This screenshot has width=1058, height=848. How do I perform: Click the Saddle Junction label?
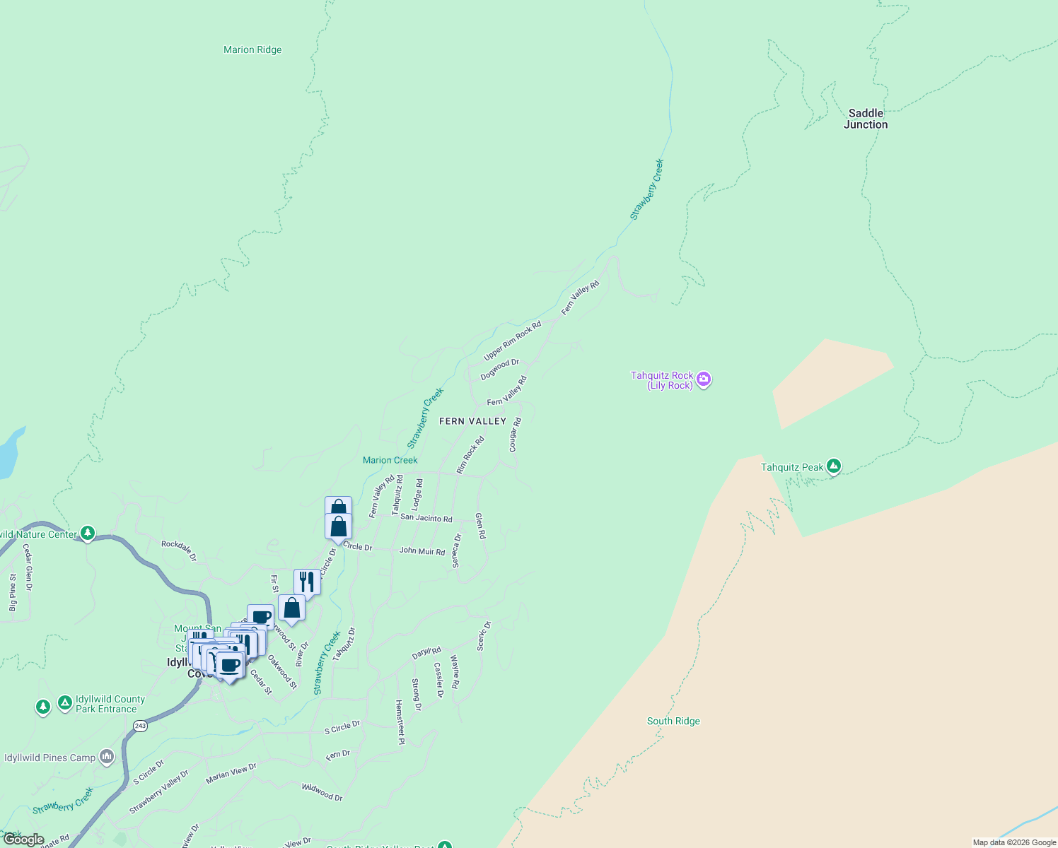coord(866,119)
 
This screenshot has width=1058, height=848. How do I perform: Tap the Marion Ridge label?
coord(252,49)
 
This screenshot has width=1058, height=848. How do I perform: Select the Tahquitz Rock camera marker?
coord(704,380)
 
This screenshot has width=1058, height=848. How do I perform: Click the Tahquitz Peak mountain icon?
coord(834,466)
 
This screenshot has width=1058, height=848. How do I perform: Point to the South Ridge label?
coord(673,721)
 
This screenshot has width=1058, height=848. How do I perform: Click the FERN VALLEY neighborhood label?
coord(472,421)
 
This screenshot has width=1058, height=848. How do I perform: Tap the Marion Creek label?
coord(390,460)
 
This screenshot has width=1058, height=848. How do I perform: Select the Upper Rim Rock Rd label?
coord(512,341)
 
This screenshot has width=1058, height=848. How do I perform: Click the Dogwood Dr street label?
coord(499,370)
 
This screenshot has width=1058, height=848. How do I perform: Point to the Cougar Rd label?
coord(515,435)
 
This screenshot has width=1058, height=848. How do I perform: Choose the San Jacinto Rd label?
coord(426,518)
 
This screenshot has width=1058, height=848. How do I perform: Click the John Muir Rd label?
coord(422,550)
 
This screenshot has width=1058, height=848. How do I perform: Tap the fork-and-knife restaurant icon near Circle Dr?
coord(307,582)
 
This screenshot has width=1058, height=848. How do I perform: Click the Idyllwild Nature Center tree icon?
coord(88,534)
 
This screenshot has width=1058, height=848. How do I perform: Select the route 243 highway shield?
coord(140,726)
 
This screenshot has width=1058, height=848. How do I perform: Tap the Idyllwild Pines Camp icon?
coord(107,758)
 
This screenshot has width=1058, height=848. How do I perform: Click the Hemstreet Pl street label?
coord(400,722)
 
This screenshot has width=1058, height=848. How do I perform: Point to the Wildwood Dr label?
coord(322,792)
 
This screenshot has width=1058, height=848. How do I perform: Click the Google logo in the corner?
coord(23,840)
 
